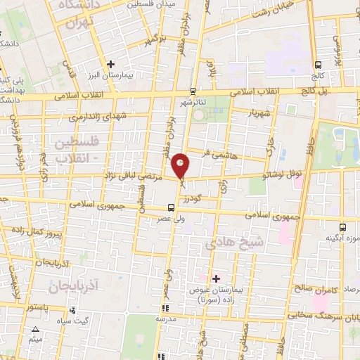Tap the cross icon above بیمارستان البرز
pyautogui.click(x=110, y=64)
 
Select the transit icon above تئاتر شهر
pyautogui.click(x=193, y=91)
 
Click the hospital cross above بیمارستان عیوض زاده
pyautogui.click(x=216, y=278)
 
